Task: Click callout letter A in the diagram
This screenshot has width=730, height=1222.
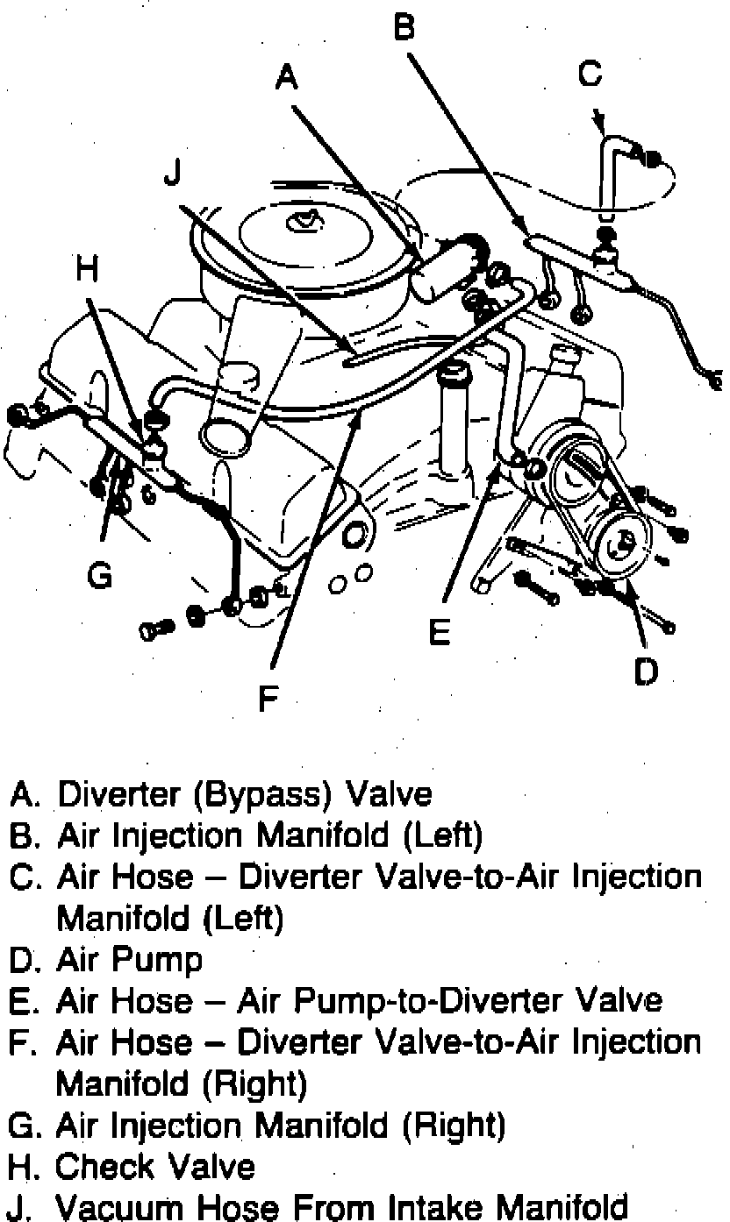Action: click(287, 79)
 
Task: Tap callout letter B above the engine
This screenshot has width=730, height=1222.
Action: click(403, 28)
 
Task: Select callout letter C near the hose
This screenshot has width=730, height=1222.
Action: click(590, 75)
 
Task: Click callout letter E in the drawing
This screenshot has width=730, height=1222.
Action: click(440, 631)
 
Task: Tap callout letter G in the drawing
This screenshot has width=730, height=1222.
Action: click(100, 577)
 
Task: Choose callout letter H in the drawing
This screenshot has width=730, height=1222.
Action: click(87, 270)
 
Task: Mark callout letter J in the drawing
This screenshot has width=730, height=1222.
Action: click(172, 173)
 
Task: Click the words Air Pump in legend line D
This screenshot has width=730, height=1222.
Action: click(129, 960)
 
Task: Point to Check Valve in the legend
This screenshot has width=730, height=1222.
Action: click(155, 1167)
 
